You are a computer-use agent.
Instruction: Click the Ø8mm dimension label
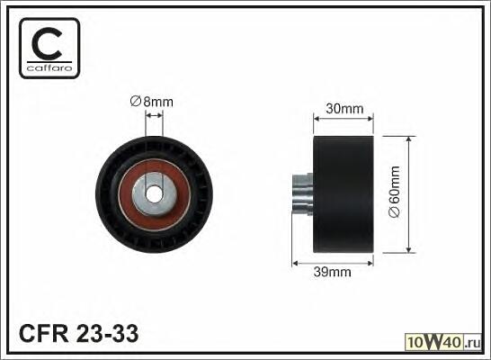(x=152, y=102)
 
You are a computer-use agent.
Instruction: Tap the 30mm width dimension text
(x=344, y=109)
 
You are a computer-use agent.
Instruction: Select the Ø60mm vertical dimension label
(x=394, y=192)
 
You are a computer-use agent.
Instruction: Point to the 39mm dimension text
(x=332, y=272)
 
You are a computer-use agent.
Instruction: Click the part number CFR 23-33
(x=78, y=333)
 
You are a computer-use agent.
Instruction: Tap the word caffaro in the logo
(x=49, y=68)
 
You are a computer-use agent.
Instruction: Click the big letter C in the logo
(x=47, y=43)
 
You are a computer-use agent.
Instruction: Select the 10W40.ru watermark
(x=443, y=342)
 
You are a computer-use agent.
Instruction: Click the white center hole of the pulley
(x=155, y=194)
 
